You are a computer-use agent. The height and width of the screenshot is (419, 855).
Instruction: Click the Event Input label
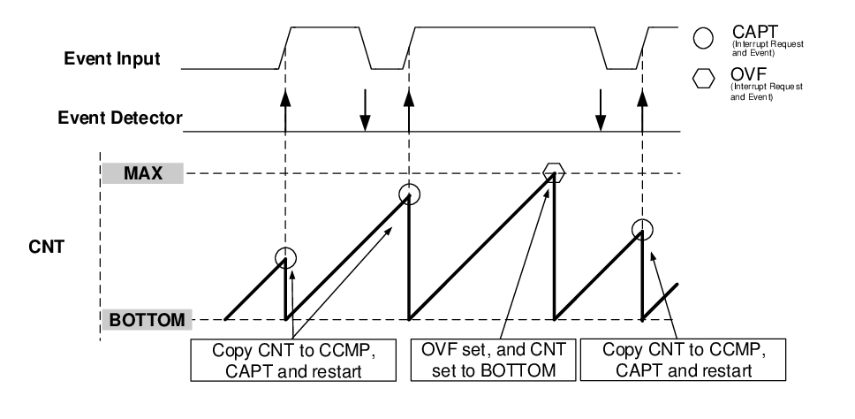(112, 58)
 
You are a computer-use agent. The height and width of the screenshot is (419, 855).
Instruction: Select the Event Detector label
(120, 118)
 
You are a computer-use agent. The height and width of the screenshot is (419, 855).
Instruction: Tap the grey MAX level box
(143, 173)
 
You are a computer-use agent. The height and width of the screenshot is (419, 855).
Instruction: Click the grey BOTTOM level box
(148, 320)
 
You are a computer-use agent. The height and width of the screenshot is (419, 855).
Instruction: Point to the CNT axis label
(46, 247)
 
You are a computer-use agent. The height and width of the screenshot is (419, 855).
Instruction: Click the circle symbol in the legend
(703, 38)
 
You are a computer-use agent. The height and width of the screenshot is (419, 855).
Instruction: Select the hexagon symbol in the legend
(703, 79)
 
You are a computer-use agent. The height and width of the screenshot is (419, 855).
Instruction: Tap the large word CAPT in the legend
(755, 32)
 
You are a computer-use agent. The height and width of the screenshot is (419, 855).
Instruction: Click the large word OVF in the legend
(748, 73)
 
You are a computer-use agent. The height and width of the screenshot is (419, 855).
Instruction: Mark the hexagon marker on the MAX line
(554, 171)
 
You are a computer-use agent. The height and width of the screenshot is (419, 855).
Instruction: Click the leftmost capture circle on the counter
(285, 257)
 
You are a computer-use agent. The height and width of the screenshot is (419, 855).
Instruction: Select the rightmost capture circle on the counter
(642, 230)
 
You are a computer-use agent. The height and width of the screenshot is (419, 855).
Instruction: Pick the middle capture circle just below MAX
(410, 194)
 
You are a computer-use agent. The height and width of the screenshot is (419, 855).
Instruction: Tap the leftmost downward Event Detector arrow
(366, 110)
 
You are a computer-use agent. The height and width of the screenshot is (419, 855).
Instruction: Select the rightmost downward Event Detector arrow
(601, 110)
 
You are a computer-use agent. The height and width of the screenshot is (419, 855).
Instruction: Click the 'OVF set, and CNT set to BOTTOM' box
(493, 360)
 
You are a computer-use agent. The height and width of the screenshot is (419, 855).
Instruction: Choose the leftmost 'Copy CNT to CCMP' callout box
(293, 360)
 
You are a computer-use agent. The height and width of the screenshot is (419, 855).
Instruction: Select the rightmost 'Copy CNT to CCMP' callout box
(684, 360)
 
